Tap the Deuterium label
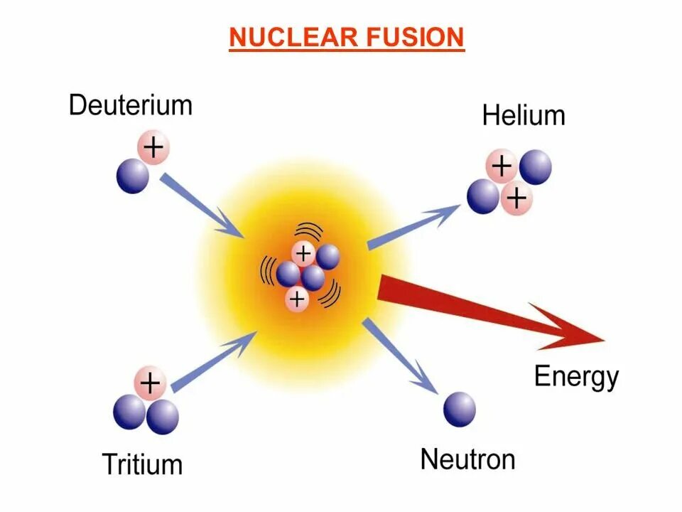(131, 105)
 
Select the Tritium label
(142, 464)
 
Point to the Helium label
(524, 115)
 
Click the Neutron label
(467, 459)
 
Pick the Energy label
(576, 376)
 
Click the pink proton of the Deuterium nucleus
(153, 148)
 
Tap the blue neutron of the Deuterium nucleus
(133, 176)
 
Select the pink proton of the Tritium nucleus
(149, 384)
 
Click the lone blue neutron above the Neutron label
(460, 409)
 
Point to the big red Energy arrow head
(568, 329)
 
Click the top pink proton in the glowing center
(304, 253)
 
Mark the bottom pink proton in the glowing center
(297, 300)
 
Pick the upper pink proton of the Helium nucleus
(502, 167)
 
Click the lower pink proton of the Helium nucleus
(516, 198)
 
